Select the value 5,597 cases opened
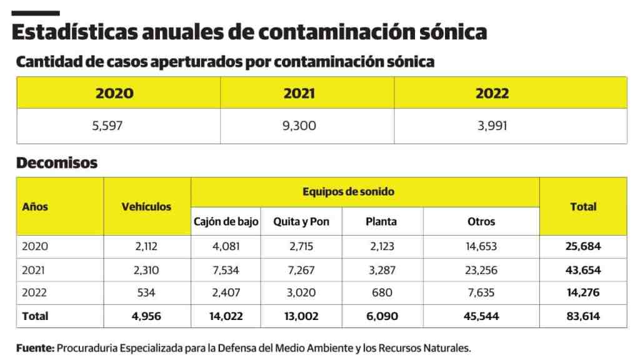coord(107,126)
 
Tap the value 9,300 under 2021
coord(299,126)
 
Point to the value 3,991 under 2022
coord(492,126)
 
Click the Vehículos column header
coord(146,207)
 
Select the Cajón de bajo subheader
coord(226,221)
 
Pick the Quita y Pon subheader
coord(301,221)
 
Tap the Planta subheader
coord(381,221)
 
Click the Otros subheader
coord(481,221)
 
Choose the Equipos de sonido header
coord(348,192)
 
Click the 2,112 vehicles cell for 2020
coord(146,246)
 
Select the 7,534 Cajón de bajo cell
coord(226,270)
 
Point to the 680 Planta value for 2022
coord(381,292)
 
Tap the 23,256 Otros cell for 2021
coord(481,270)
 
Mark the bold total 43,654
coord(582,270)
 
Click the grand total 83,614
coord(582,316)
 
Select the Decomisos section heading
coord(57,163)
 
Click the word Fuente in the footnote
coord(35,348)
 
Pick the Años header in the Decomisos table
coord(35,207)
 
